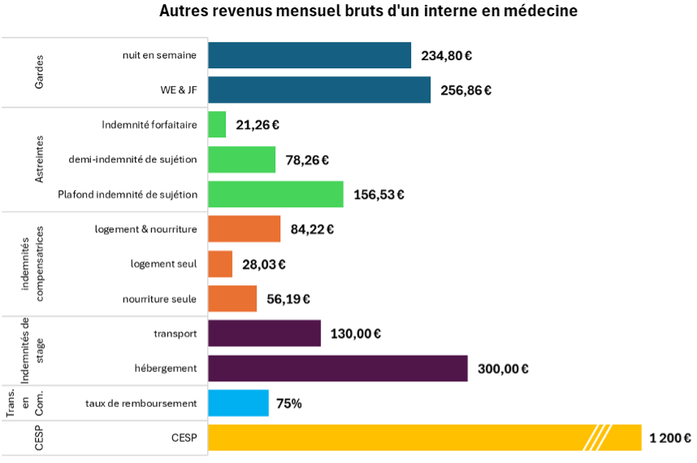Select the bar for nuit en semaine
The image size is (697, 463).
(x=310, y=55)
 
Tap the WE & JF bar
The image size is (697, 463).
(x=319, y=90)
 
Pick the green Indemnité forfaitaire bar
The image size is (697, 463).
(x=217, y=125)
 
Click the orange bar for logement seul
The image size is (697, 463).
(x=220, y=264)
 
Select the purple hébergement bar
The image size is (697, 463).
(x=338, y=368)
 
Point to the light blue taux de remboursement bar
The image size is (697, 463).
(x=238, y=403)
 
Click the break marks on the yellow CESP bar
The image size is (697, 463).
(x=598, y=438)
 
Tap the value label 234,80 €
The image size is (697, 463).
(x=447, y=56)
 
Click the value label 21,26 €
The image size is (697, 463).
(x=258, y=125)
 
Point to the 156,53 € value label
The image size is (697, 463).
(x=379, y=195)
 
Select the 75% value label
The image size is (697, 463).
(x=289, y=403)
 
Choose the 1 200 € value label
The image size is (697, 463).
(x=670, y=439)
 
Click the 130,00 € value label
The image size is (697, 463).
(x=356, y=334)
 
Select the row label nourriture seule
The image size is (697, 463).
(x=160, y=299)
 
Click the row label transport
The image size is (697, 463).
(x=175, y=333)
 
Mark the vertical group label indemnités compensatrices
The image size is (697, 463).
(x=32, y=264)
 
